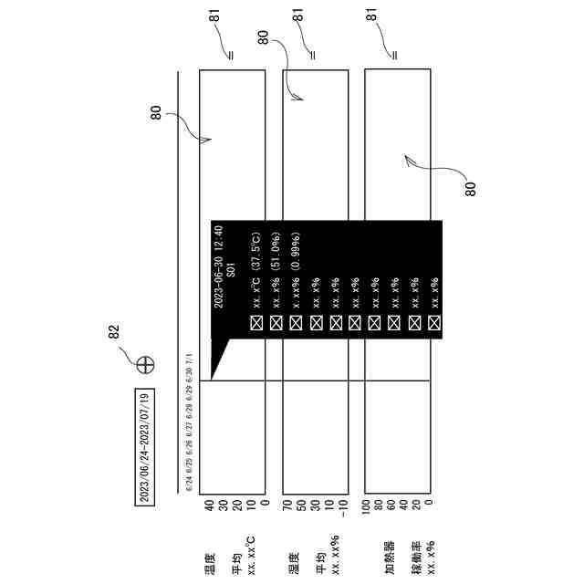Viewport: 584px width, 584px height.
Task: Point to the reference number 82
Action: click(x=116, y=334)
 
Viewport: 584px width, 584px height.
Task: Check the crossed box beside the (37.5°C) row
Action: click(x=256, y=322)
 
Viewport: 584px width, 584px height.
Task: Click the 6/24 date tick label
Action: click(x=189, y=484)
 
